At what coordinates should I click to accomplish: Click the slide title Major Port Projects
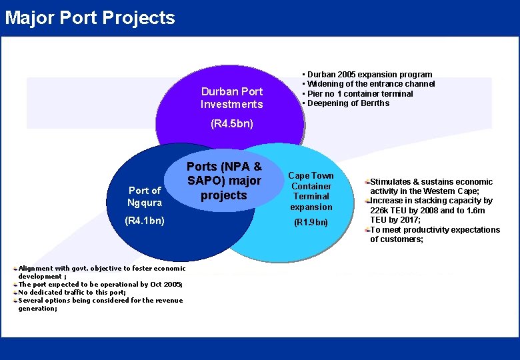click(x=90, y=18)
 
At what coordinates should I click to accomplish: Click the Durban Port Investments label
click(x=232, y=98)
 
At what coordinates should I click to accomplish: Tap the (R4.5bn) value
click(x=232, y=124)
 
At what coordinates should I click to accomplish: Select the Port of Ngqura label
click(x=145, y=197)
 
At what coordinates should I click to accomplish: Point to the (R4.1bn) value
click(x=146, y=220)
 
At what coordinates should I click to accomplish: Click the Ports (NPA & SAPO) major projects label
click(x=224, y=181)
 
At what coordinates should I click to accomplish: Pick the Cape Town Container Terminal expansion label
click(x=311, y=191)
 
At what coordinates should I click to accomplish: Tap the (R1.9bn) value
click(x=311, y=223)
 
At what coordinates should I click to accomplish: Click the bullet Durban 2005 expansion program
click(x=369, y=75)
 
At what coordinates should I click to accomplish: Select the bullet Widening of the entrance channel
click(x=371, y=84)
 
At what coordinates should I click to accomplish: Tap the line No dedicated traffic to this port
click(x=72, y=292)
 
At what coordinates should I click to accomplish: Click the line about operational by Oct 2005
click(x=100, y=284)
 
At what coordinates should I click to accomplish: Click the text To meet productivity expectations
click(x=435, y=230)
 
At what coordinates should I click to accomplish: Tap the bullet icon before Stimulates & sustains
click(x=367, y=181)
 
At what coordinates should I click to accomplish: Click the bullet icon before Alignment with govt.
click(x=15, y=268)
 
